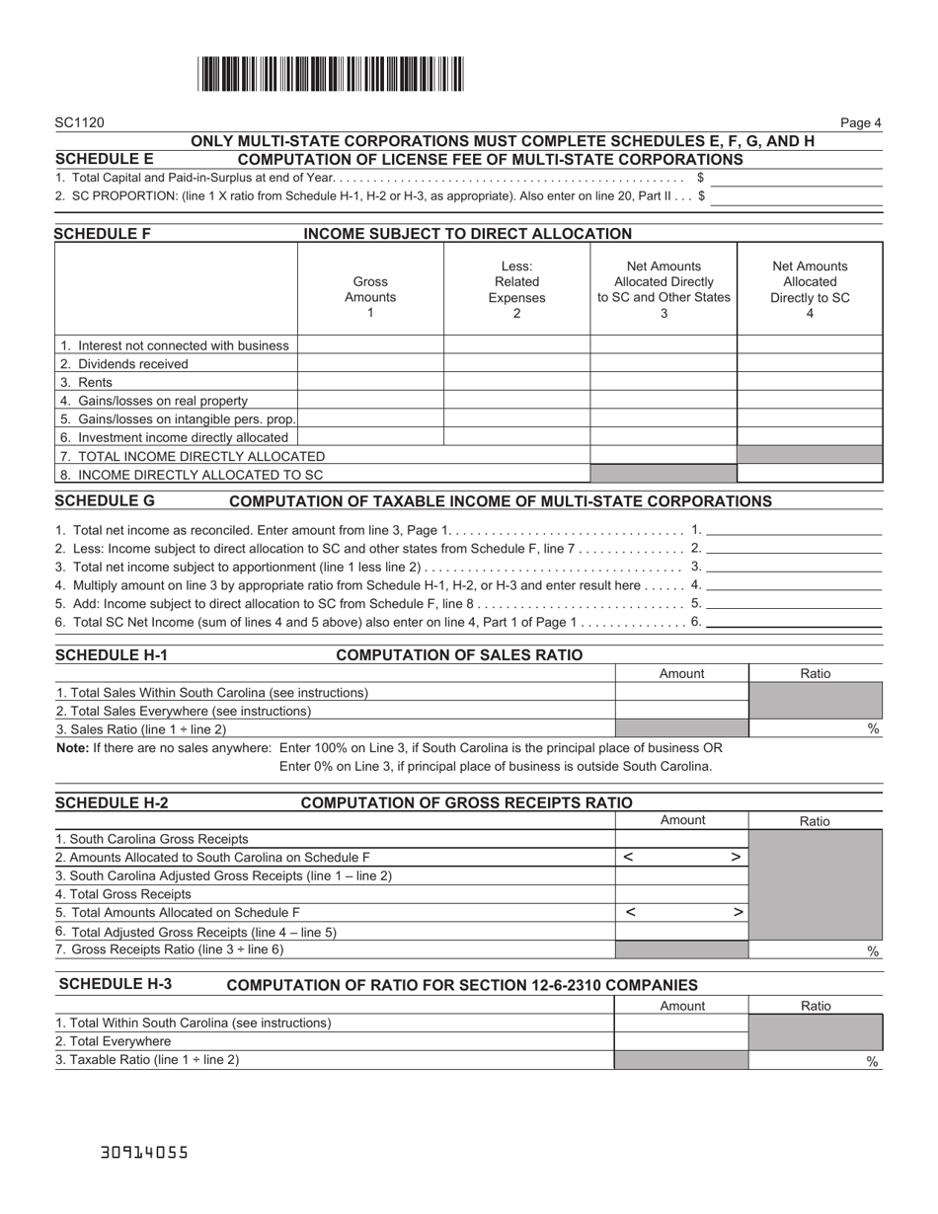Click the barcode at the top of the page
coord(331,75)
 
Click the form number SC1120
coord(79,123)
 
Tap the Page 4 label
coord(860,123)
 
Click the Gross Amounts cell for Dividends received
coord(370,364)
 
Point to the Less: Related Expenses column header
coord(516,289)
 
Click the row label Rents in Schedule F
coord(95,383)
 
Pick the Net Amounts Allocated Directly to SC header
coord(810,289)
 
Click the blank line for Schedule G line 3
coord(794,567)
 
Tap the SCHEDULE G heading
coord(105,501)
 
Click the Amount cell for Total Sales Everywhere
coord(681,711)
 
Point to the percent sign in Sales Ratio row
coord(873,729)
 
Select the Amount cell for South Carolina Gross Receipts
coord(681,839)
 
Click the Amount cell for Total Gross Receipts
coord(681,894)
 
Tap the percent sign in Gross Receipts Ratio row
coord(873,950)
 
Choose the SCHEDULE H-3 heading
coord(115,984)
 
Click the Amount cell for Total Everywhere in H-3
coord(681,1041)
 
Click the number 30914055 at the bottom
coord(144,1152)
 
